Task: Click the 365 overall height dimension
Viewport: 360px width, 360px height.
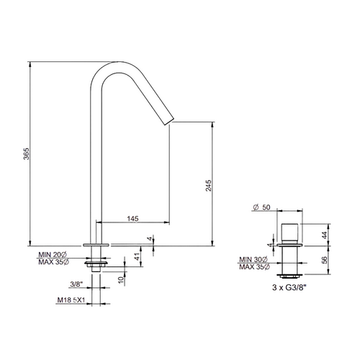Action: tap(26, 153)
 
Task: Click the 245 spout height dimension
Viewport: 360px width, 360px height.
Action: tap(209, 185)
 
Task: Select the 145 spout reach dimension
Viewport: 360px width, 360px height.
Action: tap(132, 219)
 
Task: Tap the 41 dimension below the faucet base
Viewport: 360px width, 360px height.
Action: tap(137, 257)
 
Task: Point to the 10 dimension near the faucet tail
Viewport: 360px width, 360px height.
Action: tap(122, 279)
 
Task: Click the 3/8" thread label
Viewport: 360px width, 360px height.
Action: tap(76, 284)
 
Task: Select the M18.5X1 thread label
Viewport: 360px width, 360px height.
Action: tap(71, 300)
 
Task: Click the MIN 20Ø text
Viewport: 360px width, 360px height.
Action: tap(53, 254)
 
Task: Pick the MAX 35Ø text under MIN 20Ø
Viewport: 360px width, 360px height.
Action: tap(53, 262)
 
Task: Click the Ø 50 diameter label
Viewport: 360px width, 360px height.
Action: tap(261, 207)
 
